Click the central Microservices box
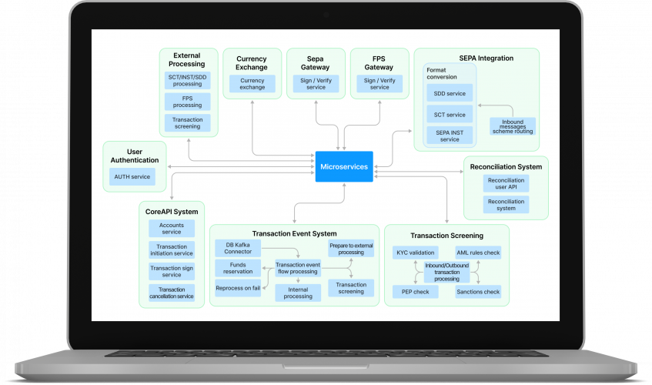pyautogui.click(x=343, y=166)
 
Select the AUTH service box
pyautogui.click(x=132, y=177)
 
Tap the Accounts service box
pyautogui.click(x=171, y=228)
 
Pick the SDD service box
pyautogui.click(x=450, y=93)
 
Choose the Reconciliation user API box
pyautogui.click(x=506, y=183)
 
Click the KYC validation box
pyautogui.click(x=416, y=253)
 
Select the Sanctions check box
pyautogui.click(x=479, y=292)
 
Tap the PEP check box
pyautogui.click(x=415, y=292)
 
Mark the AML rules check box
pyautogui.click(x=478, y=253)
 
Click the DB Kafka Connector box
pyautogui.click(x=239, y=248)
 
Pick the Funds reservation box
pyautogui.click(x=239, y=267)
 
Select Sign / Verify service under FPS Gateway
pyautogui.click(x=379, y=84)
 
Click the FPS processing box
pyautogui.click(x=187, y=102)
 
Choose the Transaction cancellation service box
pyautogui.click(x=171, y=293)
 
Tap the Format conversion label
pyautogui.click(x=441, y=73)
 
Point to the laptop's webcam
pyautogui.click(x=326, y=15)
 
